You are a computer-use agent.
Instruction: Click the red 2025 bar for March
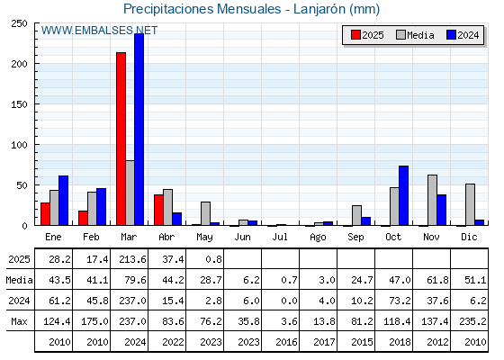click(121, 139)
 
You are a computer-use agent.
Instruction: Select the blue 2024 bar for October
click(404, 195)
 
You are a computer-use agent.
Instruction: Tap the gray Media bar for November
click(432, 200)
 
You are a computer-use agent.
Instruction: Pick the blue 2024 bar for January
click(63, 201)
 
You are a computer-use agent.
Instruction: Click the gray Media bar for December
click(470, 205)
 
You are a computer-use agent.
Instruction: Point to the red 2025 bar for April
click(158, 210)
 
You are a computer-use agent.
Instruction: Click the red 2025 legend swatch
click(355, 35)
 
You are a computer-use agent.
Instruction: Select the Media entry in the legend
click(415, 35)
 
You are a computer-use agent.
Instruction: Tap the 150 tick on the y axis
click(19, 104)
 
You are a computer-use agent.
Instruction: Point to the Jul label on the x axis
click(280, 237)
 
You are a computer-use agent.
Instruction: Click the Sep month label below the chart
click(355, 238)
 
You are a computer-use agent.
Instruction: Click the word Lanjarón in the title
click(319, 9)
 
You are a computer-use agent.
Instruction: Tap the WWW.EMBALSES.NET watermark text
click(99, 31)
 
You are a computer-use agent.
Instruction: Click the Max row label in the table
click(19, 321)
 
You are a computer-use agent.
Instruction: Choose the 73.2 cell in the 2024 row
click(400, 301)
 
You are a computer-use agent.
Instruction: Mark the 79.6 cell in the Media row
click(135, 280)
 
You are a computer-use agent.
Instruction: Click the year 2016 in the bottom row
click(286, 342)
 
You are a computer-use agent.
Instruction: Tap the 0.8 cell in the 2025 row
click(214, 259)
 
